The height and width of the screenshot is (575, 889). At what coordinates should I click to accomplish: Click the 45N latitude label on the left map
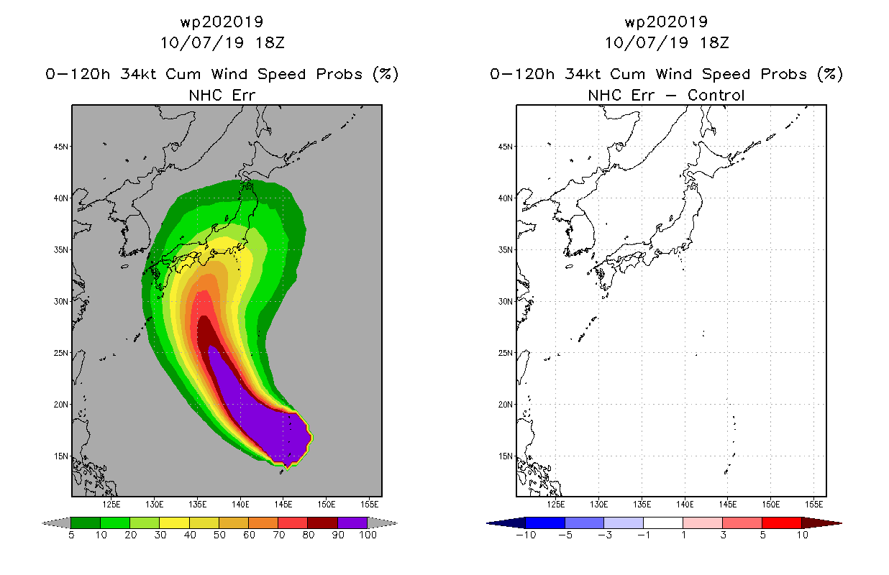60,147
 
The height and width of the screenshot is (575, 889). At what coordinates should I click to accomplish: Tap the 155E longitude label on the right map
813,505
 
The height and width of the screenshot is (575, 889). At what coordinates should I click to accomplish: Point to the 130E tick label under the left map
154,505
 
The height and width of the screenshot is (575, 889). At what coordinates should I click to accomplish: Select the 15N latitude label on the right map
505,456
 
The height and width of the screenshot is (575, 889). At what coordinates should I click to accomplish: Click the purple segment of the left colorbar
352,523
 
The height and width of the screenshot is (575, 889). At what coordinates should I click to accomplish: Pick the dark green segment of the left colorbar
86,523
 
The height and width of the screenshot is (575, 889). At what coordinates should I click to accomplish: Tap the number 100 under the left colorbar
368,535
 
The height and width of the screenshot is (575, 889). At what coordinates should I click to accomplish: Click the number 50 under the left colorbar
219,535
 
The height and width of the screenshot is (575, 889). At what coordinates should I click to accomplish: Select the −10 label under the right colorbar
526,535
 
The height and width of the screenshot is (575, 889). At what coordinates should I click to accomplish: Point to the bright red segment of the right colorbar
782,523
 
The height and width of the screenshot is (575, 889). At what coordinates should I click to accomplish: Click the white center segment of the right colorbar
663,523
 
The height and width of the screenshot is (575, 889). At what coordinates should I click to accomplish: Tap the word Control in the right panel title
716,95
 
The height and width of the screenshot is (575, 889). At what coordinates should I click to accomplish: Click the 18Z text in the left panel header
270,42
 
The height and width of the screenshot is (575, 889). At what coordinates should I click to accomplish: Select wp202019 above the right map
666,22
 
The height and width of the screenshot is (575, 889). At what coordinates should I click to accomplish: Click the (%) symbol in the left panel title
386,74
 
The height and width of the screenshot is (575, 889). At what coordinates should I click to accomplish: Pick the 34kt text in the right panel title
582,74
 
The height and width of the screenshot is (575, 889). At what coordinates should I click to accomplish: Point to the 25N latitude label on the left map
60,353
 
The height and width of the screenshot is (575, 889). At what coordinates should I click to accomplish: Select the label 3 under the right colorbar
723,535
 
